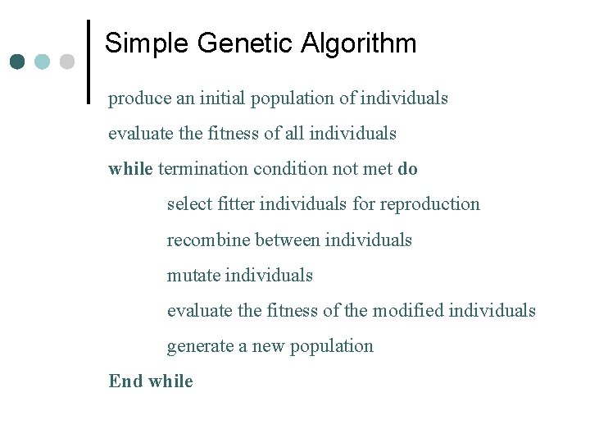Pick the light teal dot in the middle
click(x=43, y=62)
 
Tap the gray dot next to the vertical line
click(x=67, y=62)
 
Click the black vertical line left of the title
click(x=88, y=62)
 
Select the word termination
click(x=203, y=169)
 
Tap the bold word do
click(x=407, y=169)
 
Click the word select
click(x=188, y=204)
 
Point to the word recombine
click(x=208, y=240)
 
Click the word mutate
click(x=193, y=276)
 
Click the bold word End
click(x=125, y=381)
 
